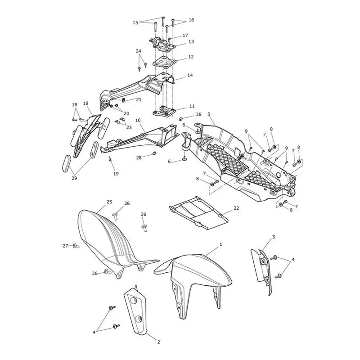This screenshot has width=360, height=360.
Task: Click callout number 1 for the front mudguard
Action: click(220, 244)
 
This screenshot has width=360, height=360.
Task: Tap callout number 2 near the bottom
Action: click(158, 342)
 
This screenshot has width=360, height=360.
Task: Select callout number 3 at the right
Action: click(273, 237)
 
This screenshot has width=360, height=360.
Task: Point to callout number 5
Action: click(209, 114)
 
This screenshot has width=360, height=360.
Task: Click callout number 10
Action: click(138, 120)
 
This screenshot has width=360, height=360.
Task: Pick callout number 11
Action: click(192, 106)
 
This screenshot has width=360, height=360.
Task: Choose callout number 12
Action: click(191, 57)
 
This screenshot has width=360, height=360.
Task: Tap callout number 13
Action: click(191, 41)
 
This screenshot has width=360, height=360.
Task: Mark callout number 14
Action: click(190, 75)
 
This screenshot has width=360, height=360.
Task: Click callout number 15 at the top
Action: click(135, 22)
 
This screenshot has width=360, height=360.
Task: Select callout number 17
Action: click(185, 36)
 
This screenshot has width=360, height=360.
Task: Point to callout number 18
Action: click(85, 103)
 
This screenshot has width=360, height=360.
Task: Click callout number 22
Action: click(236, 208)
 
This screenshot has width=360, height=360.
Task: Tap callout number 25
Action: click(109, 202)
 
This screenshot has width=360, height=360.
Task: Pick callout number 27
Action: click(65, 246)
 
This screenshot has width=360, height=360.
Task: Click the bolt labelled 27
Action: click(76, 246)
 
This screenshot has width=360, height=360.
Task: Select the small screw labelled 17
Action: click(169, 40)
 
